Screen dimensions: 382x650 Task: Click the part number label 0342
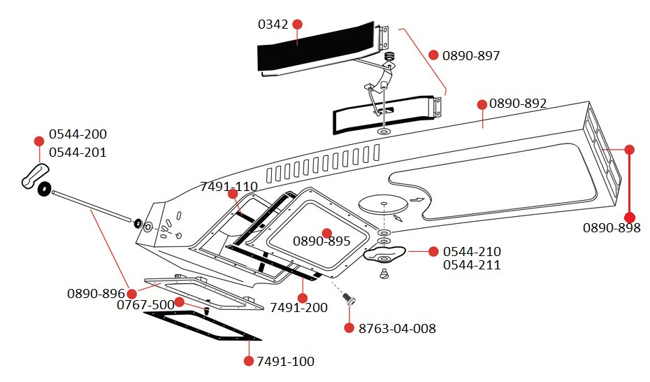pos(273,24)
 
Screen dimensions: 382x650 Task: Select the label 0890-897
pos(471,56)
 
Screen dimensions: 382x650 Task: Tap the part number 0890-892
pos(518,104)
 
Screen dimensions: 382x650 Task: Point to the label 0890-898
pos(612,228)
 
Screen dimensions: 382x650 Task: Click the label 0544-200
pos(78,134)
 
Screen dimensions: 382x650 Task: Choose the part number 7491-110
pos(229,187)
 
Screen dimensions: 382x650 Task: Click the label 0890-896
pos(96,293)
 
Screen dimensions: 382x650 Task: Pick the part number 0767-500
pos(145,305)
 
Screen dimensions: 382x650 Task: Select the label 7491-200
pos(298,308)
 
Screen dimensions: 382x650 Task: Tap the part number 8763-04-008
pos(397,328)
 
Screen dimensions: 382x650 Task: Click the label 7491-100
pos(285,362)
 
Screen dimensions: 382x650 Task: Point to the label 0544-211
pos(472,265)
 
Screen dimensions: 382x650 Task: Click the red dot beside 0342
pos(297,24)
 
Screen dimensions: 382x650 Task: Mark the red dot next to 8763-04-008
pos(349,327)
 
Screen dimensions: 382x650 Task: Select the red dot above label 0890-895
pos(326,232)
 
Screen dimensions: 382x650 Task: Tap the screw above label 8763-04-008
pos(351,300)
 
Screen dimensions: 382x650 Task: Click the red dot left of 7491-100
pos(248,361)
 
